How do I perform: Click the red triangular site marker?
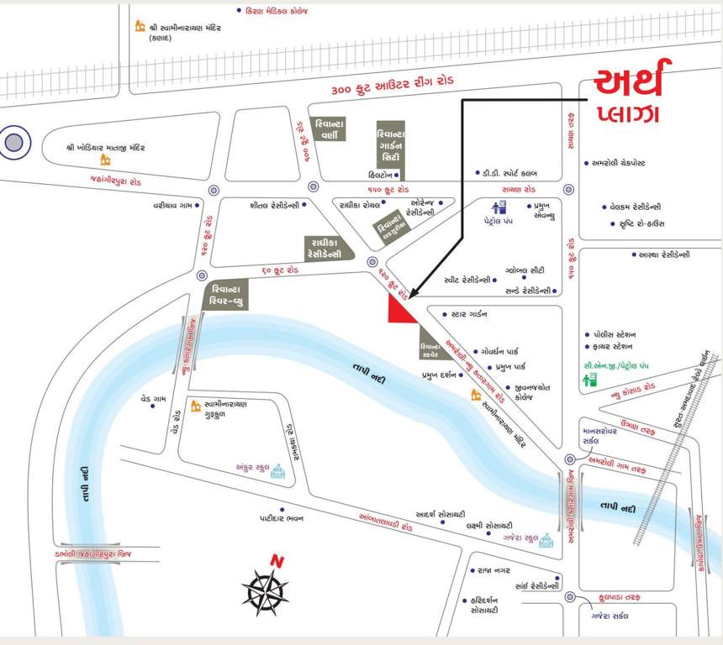[398, 311]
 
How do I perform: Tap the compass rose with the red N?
[266, 587]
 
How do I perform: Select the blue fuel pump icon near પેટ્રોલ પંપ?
[499, 207]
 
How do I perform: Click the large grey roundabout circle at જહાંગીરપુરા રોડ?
[14, 142]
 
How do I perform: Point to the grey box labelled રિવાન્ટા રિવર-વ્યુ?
[228, 295]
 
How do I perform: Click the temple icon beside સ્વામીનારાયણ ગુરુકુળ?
[195, 406]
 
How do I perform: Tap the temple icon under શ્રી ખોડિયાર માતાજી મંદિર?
[105, 160]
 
